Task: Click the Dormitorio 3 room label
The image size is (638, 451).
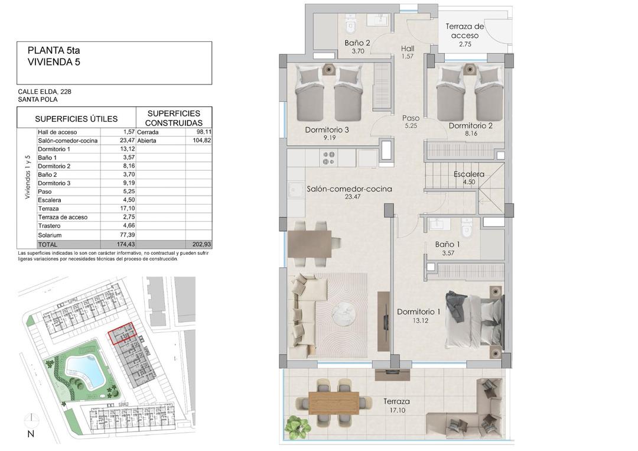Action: coord(327,129)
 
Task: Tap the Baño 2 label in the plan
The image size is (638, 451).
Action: coord(357,43)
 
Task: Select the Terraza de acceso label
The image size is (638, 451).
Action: coord(465,31)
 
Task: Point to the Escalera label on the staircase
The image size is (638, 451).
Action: coord(469,174)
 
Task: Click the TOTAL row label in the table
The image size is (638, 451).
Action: coord(48,244)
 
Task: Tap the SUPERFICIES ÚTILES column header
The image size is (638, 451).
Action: coord(76,119)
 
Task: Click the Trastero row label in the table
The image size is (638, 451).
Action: coord(50,226)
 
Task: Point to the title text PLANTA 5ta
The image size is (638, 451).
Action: coord(54,51)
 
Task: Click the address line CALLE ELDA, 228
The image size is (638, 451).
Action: coord(44,92)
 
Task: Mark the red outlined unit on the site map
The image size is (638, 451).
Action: coord(122,335)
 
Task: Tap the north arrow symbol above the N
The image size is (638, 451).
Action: coord(31,420)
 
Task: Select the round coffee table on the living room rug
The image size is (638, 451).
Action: coord(343,312)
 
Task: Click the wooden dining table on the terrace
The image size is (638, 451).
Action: coord(334,403)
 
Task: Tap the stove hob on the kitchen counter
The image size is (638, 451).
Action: coord(328,157)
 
